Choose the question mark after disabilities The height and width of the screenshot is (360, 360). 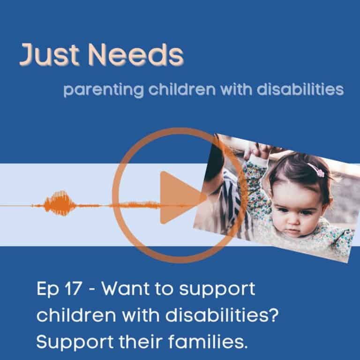click(x=274, y=315)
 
